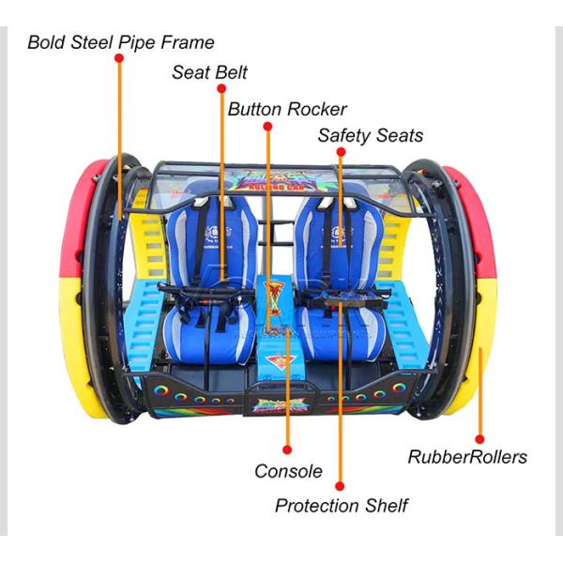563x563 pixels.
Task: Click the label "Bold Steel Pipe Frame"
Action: coord(120,42)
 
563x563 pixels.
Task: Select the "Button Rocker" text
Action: coord(287,109)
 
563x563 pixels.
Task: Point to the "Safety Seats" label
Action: coord(370,135)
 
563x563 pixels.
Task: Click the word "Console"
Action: coord(288,471)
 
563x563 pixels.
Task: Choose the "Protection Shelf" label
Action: coord(341,506)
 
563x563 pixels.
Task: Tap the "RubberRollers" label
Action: coord(467,458)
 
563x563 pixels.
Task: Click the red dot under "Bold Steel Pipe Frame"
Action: coord(119,58)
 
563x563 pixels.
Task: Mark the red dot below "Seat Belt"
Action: coord(221,88)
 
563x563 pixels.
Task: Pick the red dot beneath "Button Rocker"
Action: coord(267,126)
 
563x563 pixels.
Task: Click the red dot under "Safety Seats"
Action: coord(341,151)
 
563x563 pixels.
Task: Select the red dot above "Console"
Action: coord(287,450)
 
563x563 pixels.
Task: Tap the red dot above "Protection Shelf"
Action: coord(340,486)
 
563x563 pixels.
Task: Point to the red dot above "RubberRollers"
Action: coord(479,438)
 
